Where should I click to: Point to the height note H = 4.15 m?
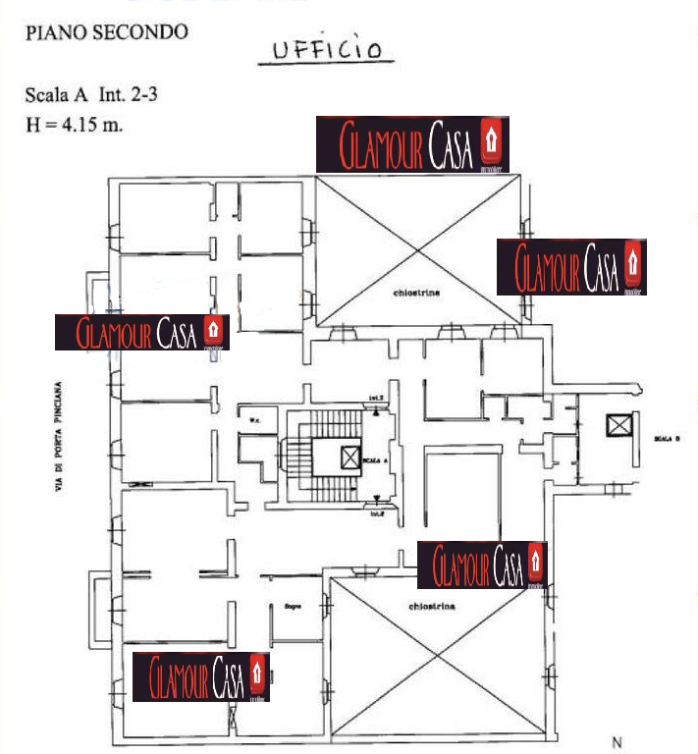click(x=73, y=125)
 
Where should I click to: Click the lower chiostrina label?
click(x=432, y=607)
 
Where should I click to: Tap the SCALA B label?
click(x=666, y=439)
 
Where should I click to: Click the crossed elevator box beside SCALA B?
click(x=617, y=426)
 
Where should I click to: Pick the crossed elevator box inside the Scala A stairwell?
click(x=349, y=456)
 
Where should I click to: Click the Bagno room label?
click(x=292, y=606)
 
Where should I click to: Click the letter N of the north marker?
click(x=617, y=742)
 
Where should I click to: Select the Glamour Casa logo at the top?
click(x=412, y=144)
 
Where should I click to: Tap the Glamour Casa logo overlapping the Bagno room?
click(x=201, y=676)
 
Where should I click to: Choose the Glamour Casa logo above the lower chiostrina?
click(x=481, y=565)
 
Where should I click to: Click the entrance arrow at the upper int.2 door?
click(x=377, y=404)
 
